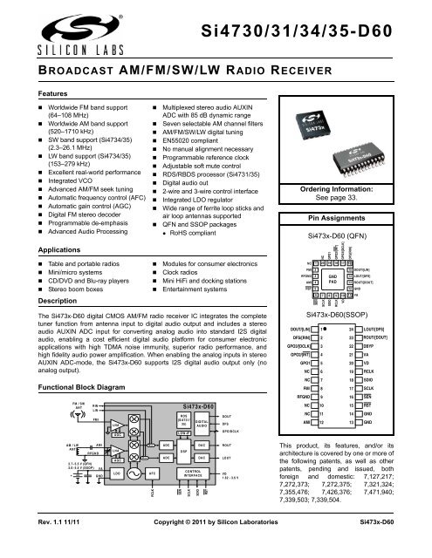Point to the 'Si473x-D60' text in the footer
click(x=397, y=544)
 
